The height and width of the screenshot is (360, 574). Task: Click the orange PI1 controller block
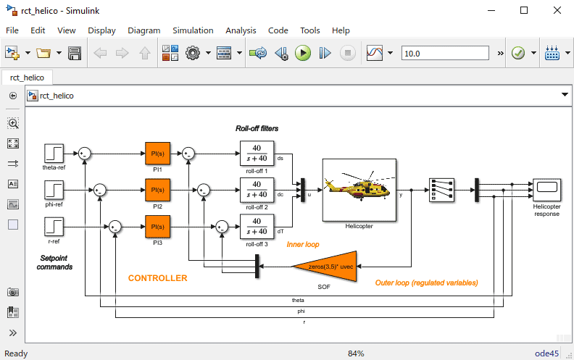[157, 154]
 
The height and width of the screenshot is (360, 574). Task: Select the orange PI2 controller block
[157, 190]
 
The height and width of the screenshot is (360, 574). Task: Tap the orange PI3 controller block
[157, 227]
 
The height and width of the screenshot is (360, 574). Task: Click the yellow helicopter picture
[359, 189]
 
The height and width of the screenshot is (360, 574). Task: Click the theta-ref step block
[54, 154]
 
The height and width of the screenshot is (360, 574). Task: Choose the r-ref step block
[54, 227]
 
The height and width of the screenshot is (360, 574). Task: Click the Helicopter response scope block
[546, 189]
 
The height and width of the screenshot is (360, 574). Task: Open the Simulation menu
[193, 30]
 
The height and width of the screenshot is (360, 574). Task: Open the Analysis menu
[241, 30]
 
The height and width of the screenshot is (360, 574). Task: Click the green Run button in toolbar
[303, 53]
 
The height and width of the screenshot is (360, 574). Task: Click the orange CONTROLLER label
[157, 278]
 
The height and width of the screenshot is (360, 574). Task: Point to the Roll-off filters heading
[257, 128]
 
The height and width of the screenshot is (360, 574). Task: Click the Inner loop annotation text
[302, 245]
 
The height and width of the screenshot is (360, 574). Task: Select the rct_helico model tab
[27, 78]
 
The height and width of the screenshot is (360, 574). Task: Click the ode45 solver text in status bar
[556, 353]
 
